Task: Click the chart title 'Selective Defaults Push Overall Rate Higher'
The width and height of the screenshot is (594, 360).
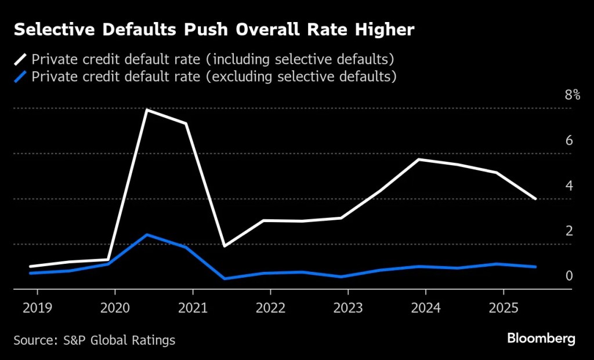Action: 214,31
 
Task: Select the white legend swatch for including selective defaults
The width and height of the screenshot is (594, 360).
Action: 21,59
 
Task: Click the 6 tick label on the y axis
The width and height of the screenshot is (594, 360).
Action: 569,141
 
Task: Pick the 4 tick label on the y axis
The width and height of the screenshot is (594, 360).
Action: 569,186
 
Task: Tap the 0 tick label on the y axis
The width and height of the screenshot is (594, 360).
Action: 569,276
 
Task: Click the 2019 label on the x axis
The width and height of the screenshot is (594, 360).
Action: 37,307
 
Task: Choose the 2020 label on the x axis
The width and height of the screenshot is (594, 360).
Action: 115,307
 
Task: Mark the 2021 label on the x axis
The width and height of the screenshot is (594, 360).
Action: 193,307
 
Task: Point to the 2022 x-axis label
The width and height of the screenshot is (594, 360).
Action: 270,307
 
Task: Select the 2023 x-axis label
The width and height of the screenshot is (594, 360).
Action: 348,307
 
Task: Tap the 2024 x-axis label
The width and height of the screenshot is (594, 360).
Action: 426,307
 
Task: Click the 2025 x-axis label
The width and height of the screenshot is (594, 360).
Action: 503,307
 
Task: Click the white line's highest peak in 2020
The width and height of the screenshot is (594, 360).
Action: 147,110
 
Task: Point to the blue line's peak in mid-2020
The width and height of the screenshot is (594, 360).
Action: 147,235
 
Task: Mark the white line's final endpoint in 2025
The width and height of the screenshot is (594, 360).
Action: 535,199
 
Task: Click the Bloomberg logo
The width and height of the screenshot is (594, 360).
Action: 541,339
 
